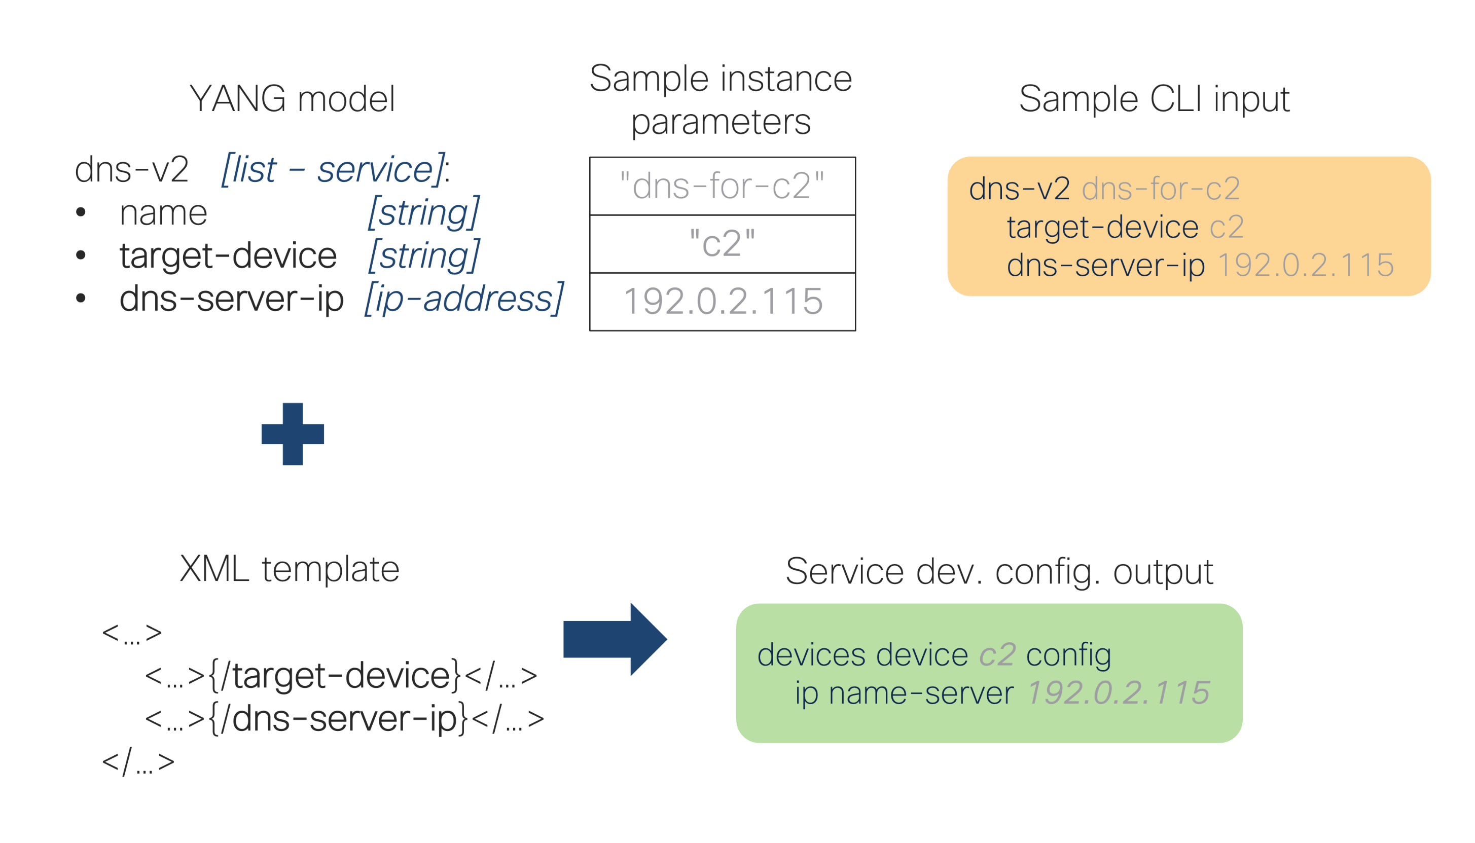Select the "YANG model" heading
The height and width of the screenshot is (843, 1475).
coord(293,98)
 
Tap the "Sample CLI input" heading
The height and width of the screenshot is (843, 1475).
coord(1154,99)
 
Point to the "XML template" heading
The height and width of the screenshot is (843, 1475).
coord(290,569)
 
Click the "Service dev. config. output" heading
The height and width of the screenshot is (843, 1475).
coord(999,572)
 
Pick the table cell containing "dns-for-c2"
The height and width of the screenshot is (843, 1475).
coord(722,186)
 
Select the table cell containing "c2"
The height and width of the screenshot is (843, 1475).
coord(722,244)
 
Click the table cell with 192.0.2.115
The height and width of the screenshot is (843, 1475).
coord(722,302)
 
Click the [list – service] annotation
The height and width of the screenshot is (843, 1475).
coord(334,170)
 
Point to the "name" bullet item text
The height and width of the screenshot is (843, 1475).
coord(163,213)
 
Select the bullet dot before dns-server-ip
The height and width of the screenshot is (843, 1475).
coord(81,298)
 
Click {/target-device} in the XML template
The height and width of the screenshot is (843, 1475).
coord(335,675)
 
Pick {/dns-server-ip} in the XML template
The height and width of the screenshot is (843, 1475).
coord(338,718)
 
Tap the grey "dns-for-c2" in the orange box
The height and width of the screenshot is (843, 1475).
coord(1161,189)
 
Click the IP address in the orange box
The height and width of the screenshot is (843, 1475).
coord(1306,265)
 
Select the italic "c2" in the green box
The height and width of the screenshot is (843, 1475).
coord(997,655)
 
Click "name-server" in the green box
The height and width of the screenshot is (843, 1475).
coord(921,693)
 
